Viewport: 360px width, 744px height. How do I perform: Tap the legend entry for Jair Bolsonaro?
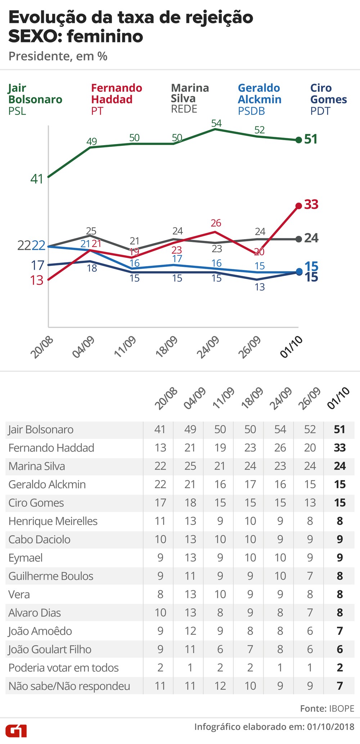tap(35, 99)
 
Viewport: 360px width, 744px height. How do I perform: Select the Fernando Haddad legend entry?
tap(116, 99)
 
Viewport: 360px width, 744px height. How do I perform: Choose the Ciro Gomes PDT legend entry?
tap(328, 99)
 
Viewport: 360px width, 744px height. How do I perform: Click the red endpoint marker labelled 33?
tap(298, 206)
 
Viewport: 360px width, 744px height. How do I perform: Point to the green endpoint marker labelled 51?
tap(298, 140)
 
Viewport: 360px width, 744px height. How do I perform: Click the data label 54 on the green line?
tap(216, 124)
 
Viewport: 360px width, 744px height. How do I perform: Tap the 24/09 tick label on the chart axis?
tap(208, 347)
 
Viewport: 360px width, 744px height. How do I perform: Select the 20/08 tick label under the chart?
tap(42, 347)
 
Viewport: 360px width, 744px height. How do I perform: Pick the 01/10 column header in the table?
tap(338, 398)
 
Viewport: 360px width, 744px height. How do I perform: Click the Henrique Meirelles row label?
tap(53, 521)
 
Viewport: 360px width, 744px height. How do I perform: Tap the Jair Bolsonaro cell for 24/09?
tap(280, 429)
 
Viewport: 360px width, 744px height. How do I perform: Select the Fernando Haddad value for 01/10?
tap(339, 448)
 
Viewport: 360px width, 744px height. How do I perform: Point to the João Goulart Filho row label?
tap(50, 649)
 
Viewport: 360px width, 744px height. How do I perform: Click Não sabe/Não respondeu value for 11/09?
tap(220, 686)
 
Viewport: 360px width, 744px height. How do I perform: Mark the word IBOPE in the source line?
tap(341, 708)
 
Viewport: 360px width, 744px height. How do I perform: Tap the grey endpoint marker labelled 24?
tap(298, 239)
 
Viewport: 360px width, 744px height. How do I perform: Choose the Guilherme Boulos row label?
tap(51, 576)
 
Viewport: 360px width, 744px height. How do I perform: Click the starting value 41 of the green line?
tap(37, 179)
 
